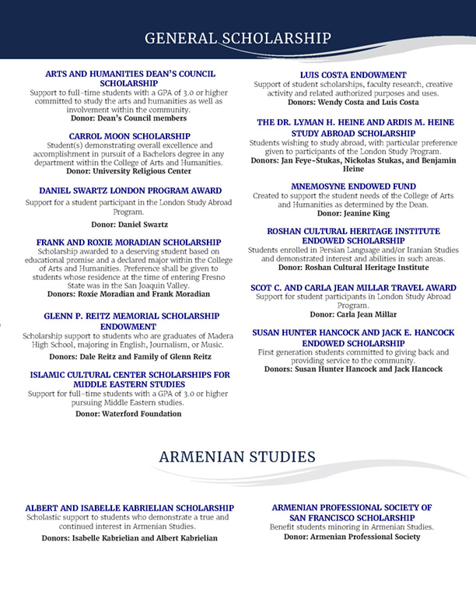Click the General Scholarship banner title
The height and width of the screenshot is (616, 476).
click(238, 39)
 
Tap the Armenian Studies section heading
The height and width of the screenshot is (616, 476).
click(236, 456)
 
